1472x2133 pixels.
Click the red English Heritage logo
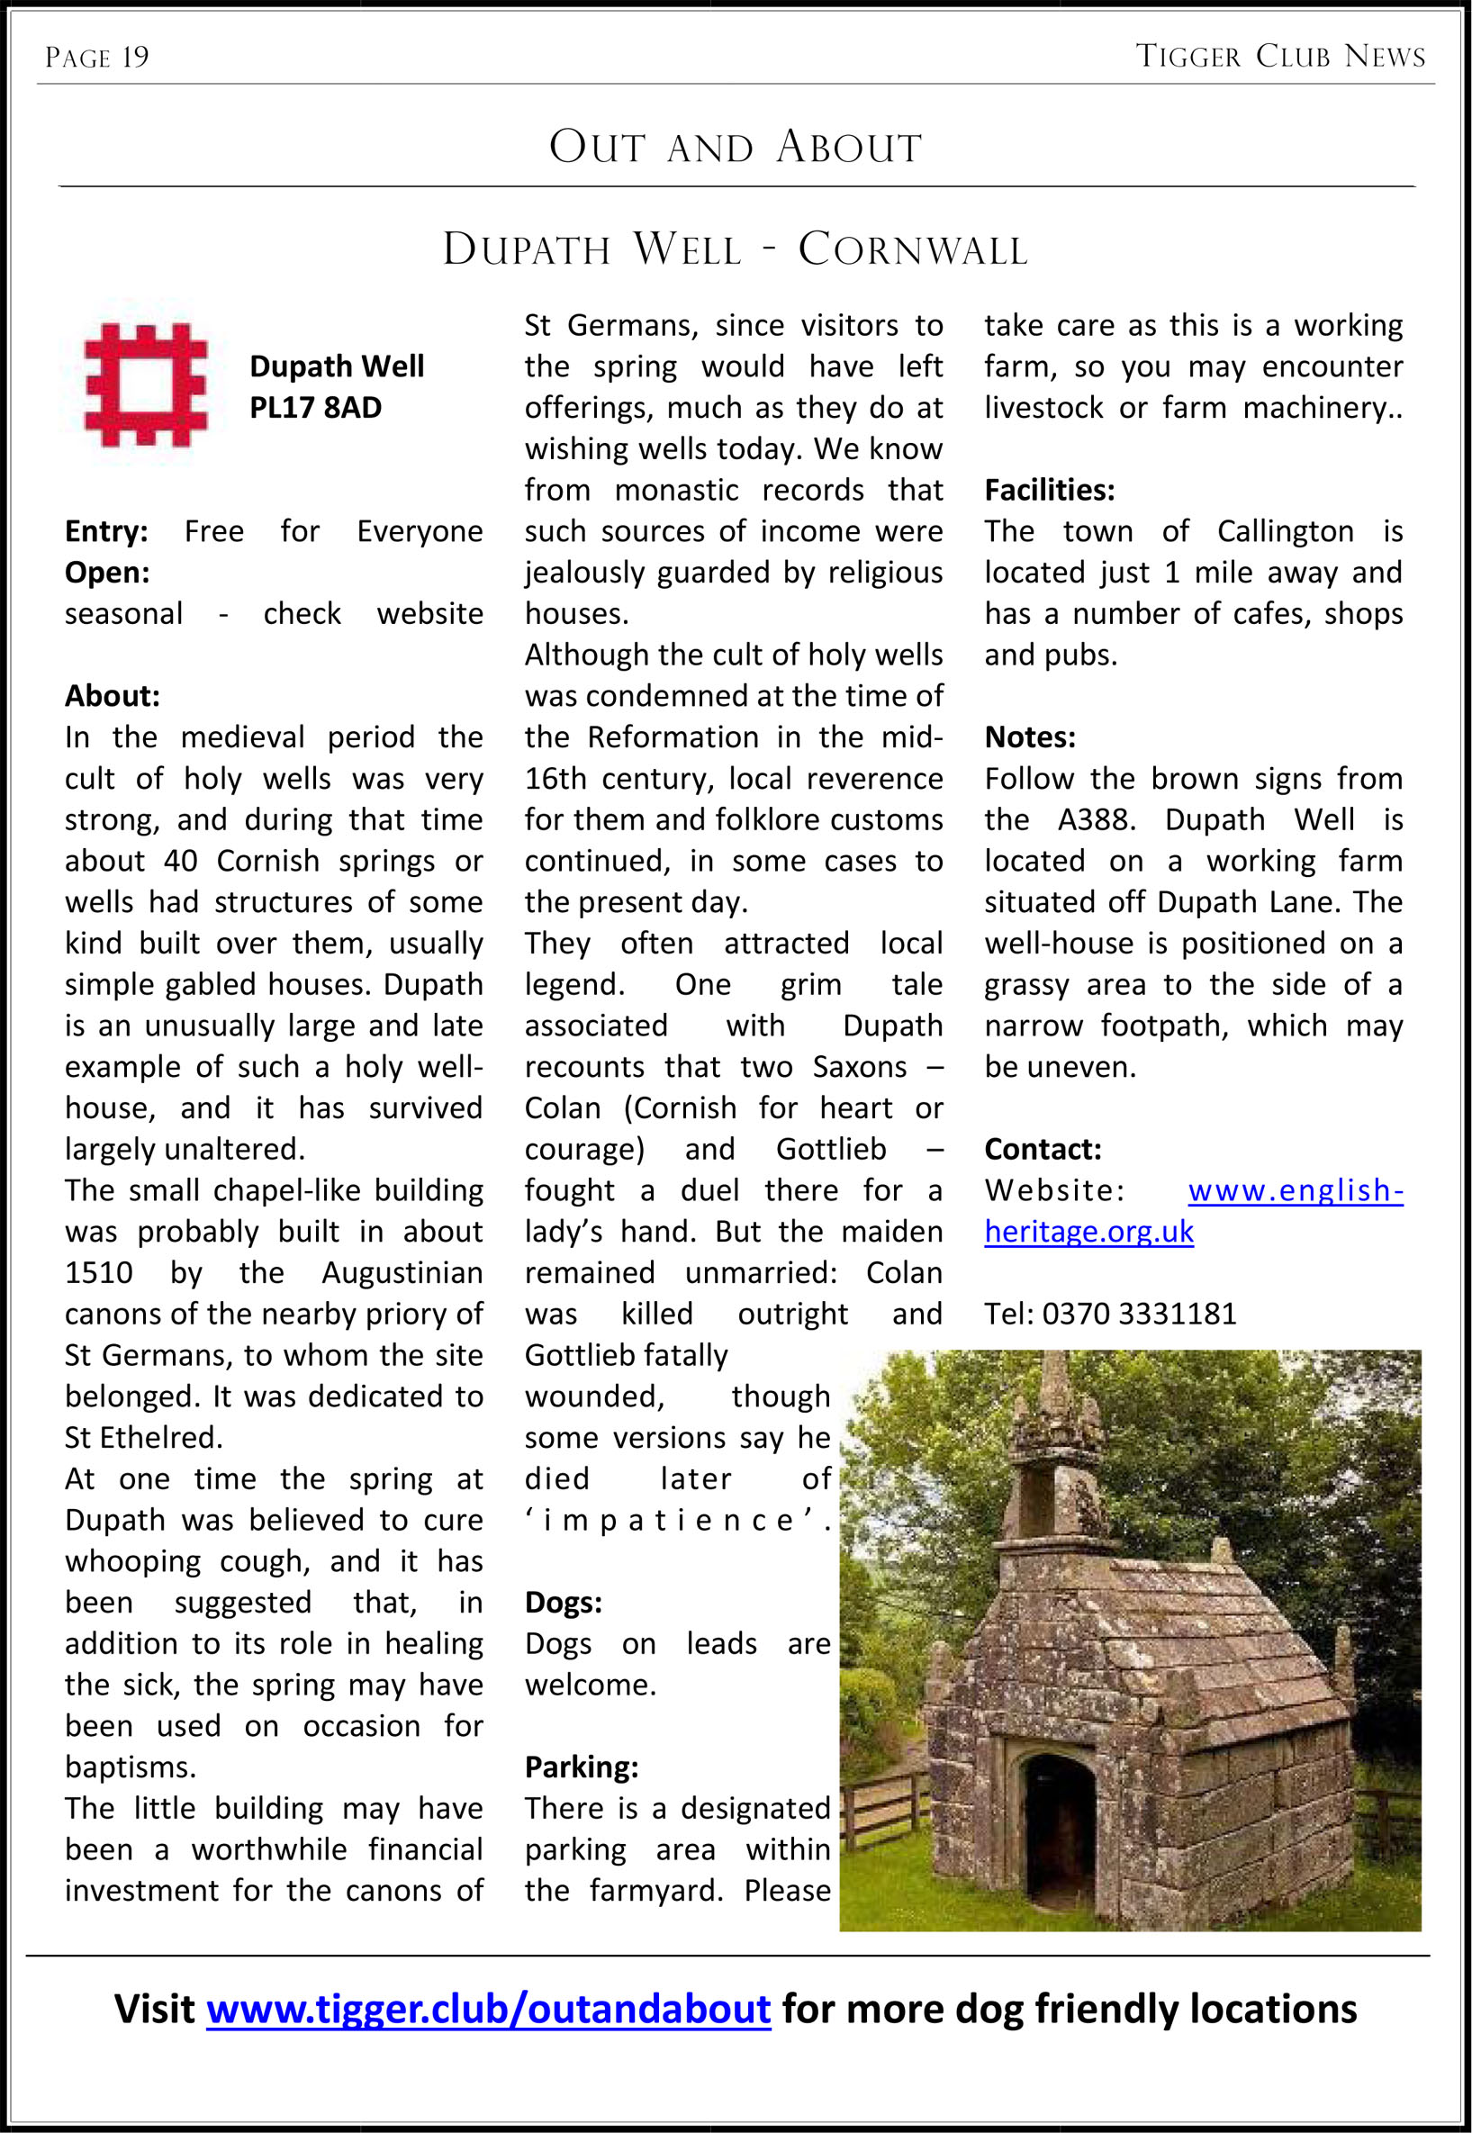pyautogui.click(x=146, y=384)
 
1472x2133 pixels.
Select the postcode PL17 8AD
pyautogui.click(x=315, y=408)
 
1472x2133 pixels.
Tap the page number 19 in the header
pyautogui.click(x=135, y=59)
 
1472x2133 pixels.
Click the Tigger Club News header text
pyautogui.click(x=1280, y=58)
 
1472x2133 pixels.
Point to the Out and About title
pyautogui.click(x=735, y=148)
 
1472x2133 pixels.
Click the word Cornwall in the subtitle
pyautogui.click(x=912, y=250)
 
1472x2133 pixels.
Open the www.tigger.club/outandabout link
pyautogui.click(x=488, y=2009)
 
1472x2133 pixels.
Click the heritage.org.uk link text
pyautogui.click(x=1088, y=1232)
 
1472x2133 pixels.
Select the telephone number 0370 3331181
pyautogui.click(x=1139, y=1315)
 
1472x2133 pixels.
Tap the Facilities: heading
pyautogui.click(x=1049, y=490)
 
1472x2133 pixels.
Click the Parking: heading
pyautogui.click(x=581, y=1767)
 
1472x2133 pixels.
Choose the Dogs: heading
pyautogui.click(x=563, y=1603)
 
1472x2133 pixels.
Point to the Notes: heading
pyautogui.click(x=1029, y=737)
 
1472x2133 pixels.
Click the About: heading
pyautogui.click(x=112, y=696)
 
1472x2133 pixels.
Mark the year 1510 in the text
pyautogui.click(x=99, y=1272)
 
